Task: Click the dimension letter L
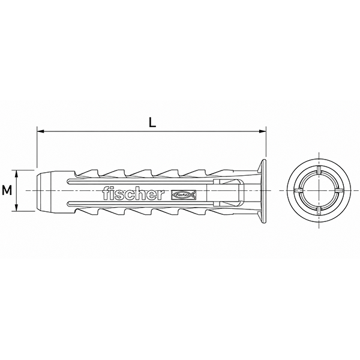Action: coord(152,122)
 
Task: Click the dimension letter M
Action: coord(7,191)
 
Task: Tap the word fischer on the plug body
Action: coord(133,193)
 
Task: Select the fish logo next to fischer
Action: coord(184,194)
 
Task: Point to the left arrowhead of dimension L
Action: coord(40,131)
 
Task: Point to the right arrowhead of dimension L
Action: coord(262,131)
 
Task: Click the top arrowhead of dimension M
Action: coord(16,173)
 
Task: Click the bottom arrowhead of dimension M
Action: coord(16,208)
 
